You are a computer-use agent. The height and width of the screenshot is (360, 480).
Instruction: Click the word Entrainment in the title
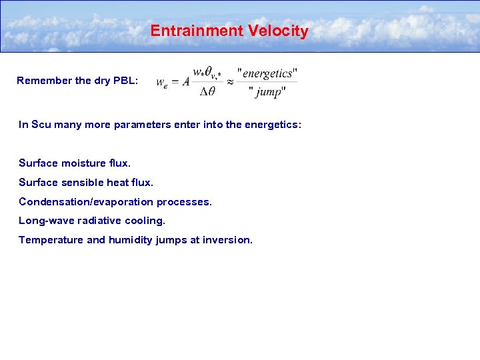[x=188, y=31]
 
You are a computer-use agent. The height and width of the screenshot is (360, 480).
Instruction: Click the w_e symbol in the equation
[x=162, y=83]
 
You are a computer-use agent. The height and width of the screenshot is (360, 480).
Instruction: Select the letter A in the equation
[x=186, y=81]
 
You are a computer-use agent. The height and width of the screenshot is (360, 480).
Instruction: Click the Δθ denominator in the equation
[x=207, y=92]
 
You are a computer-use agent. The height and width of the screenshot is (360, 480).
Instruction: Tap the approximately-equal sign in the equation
[x=230, y=81]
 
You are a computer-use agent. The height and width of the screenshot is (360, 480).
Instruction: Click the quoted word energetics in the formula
[x=267, y=73]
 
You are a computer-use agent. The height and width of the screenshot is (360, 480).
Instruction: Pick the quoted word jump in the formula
[x=268, y=92]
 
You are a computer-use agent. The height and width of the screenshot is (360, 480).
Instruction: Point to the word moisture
[x=86, y=163]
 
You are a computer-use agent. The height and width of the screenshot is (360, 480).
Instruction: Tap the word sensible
[x=86, y=183]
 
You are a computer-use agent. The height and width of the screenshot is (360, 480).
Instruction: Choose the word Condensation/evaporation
[x=83, y=202]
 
